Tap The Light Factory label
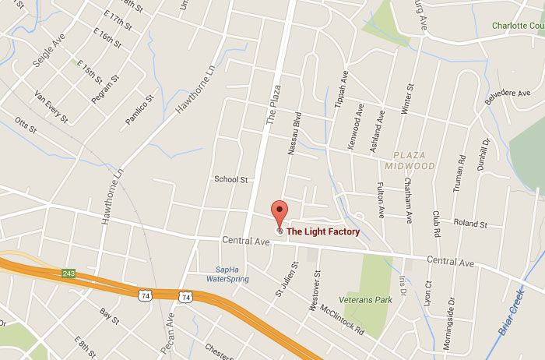tap(323, 231)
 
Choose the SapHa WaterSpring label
tap(225, 275)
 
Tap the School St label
tap(230, 179)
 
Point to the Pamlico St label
tap(141, 110)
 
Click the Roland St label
tap(469, 224)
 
